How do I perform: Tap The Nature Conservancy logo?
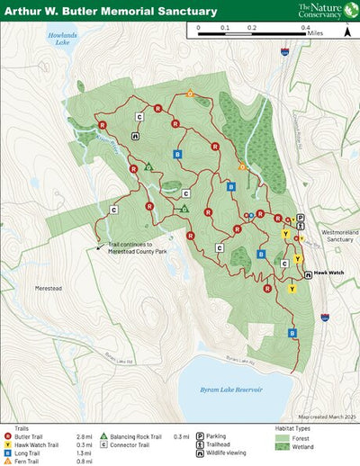point(323,10)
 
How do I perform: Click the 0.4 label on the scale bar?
point(306,28)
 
